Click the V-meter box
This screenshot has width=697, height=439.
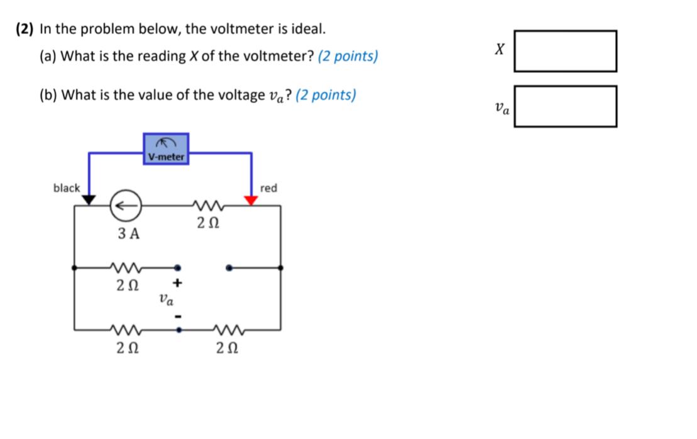click(x=166, y=149)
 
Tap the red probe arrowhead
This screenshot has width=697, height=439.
click(x=251, y=200)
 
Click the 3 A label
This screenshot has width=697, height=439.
click(x=129, y=234)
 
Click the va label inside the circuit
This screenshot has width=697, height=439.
click(x=164, y=299)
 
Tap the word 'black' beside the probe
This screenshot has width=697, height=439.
click(x=67, y=188)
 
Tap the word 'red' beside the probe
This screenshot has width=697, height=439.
click(x=268, y=188)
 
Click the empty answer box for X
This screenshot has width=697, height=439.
click(x=565, y=51)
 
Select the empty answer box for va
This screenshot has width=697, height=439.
click(x=565, y=106)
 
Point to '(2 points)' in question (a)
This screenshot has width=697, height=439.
click(x=348, y=57)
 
